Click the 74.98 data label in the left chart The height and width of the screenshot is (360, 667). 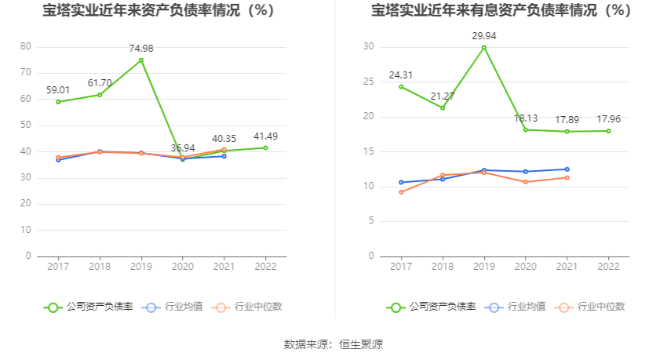[x=141, y=49]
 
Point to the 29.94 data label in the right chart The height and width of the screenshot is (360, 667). [x=484, y=36]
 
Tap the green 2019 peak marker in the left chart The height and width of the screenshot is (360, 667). [x=141, y=60]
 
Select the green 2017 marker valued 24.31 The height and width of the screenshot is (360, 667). [x=401, y=86]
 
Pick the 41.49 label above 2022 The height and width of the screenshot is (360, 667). [x=265, y=136]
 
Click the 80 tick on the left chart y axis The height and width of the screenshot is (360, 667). [x=26, y=47]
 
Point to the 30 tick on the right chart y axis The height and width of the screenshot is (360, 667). [x=368, y=47]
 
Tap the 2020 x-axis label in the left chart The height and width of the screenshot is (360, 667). [x=183, y=267]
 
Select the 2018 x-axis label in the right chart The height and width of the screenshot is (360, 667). [x=443, y=267]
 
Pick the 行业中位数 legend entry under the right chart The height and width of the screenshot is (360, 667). [x=591, y=307]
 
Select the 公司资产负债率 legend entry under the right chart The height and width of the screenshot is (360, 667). [x=432, y=307]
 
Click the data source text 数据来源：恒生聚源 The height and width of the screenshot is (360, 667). [x=333, y=344]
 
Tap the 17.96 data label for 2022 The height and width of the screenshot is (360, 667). [x=609, y=119]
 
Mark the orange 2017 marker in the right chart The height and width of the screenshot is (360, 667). [x=401, y=192]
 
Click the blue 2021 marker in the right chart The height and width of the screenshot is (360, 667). [x=567, y=169]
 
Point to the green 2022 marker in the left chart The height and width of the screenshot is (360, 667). [x=265, y=147]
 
